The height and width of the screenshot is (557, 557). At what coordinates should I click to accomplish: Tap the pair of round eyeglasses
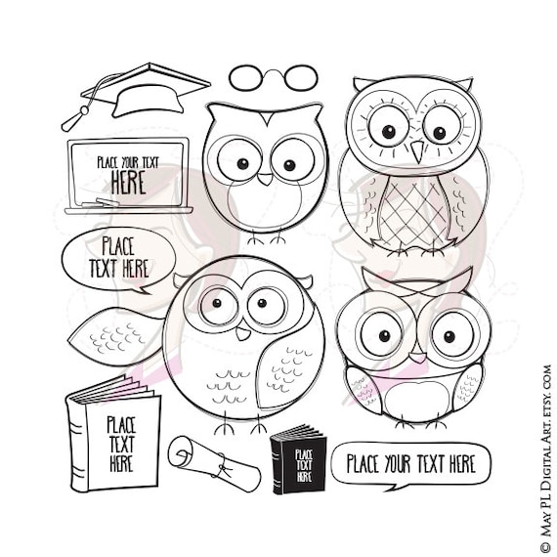[273, 76]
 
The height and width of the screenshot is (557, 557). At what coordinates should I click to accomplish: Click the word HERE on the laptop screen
[127, 182]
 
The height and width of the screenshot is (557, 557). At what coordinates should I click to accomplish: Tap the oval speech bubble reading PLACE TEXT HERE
[118, 257]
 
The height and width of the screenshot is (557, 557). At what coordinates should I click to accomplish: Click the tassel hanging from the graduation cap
[74, 119]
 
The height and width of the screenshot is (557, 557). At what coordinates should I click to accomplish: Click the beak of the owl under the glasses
[265, 179]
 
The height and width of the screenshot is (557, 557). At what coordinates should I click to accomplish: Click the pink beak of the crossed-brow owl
[416, 357]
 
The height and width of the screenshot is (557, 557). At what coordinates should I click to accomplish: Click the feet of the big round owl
[240, 427]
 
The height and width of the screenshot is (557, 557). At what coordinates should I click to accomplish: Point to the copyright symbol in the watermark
[545, 371]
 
